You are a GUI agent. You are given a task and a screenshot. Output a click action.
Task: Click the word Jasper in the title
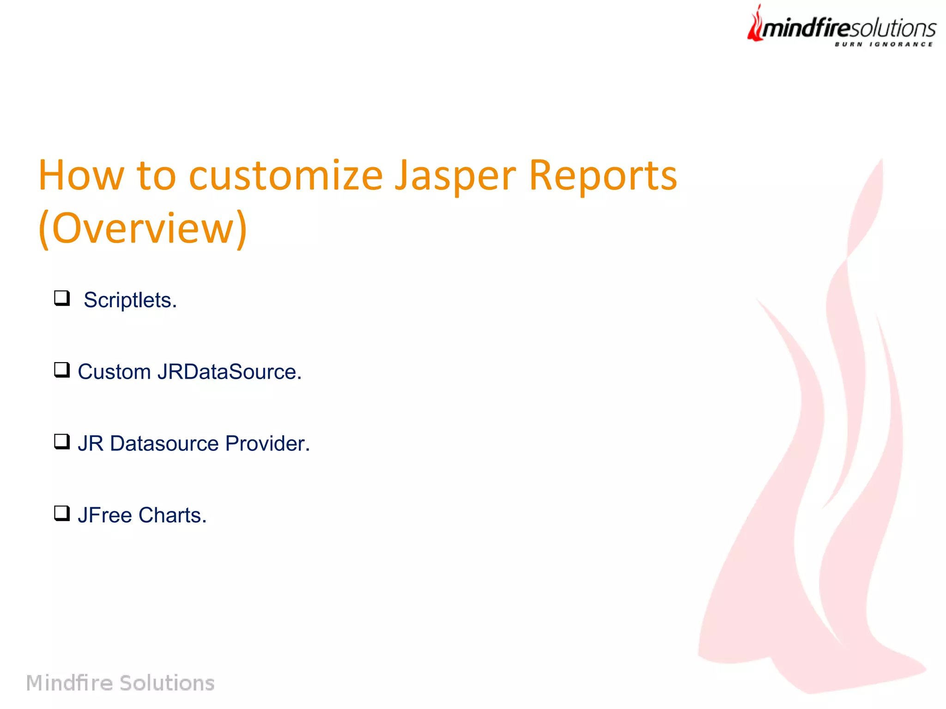pyautogui.click(x=455, y=176)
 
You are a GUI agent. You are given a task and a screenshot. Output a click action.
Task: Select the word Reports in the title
pyautogui.click(x=603, y=176)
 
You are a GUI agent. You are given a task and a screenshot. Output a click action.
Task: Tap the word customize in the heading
pyautogui.click(x=286, y=176)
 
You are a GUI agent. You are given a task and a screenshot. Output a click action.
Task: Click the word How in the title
pyautogui.click(x=81, y=176)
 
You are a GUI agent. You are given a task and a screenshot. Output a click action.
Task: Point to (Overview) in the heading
pyautogui.click(x=143, y=228)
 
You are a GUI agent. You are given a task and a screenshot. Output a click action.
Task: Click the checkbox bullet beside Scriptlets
pyautogui.click(x=62, y=298)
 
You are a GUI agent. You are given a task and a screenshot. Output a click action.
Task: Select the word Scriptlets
pyautogui.click(x=130, y=300)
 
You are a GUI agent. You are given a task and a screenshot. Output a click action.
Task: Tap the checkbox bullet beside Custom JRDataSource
pyautogui.click(x=62, y=370)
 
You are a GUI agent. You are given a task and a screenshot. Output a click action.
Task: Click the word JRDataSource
pyautogui.click(x=230, y=372)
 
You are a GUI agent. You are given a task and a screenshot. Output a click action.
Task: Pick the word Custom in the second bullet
pyautogui.click(x=114, y=372)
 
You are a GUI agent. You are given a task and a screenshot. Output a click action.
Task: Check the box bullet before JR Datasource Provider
pyautogui.click(x=62, y=441)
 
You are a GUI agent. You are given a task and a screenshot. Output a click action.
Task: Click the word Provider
pyautogui.click(x=267, y=443)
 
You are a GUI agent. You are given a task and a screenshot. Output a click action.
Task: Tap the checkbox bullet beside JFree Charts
pyautogui.click(x=62, y=513)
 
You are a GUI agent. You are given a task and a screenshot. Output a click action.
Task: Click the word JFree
pyautogui.click(x=105, y=515)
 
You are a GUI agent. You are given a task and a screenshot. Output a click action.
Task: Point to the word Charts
pyautogui.click(x=172, y=515)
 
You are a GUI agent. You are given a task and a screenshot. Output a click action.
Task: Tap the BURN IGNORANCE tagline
pyautogui.click(x=884, y=44)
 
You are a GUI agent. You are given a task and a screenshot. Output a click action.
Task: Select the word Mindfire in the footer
pyautogui.click(x=69, y=683)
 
